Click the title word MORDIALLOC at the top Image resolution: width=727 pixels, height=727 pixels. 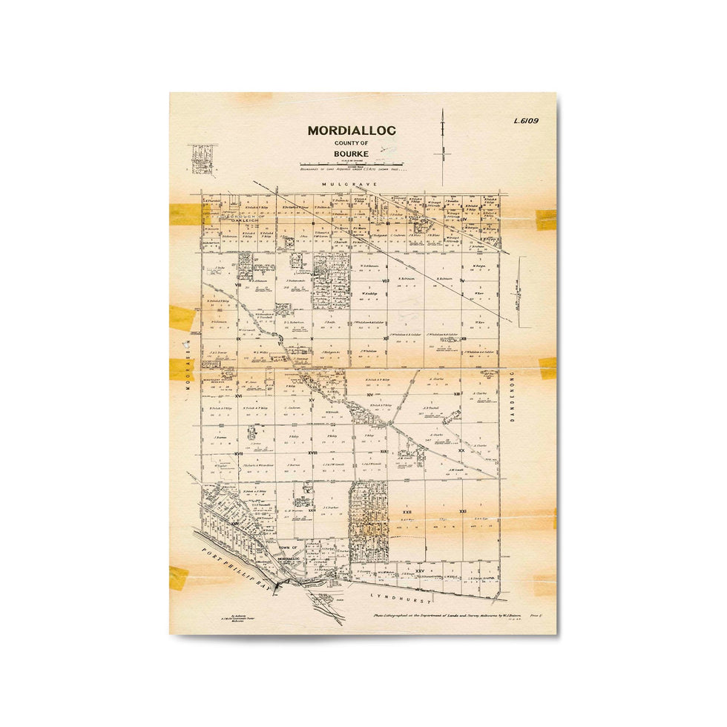352,131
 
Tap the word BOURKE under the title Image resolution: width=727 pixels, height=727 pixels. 352,155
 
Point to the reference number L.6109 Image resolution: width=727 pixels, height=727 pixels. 524,121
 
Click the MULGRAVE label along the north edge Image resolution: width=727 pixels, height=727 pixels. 352,183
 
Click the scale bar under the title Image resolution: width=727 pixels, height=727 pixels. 352,164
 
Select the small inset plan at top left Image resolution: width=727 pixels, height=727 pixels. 202,157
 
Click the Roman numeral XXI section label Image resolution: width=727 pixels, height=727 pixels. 463,512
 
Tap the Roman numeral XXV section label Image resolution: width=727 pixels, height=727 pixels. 420,570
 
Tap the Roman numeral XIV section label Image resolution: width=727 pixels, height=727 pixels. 369,395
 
